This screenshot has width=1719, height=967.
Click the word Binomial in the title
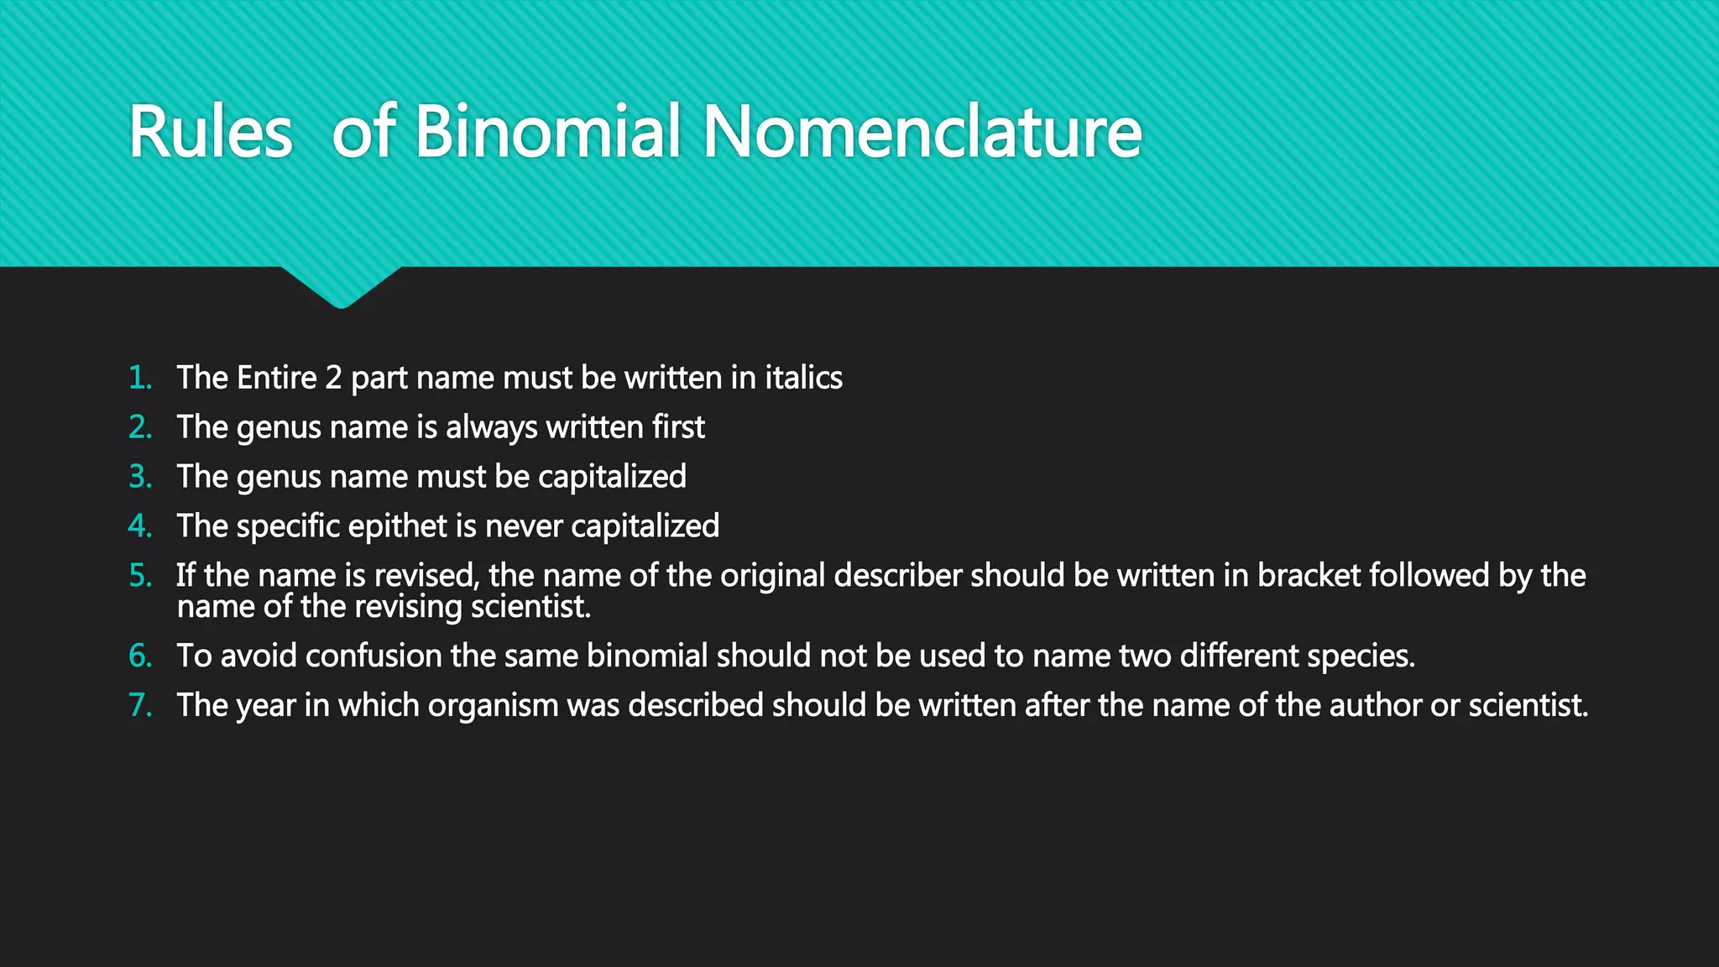[546, 132]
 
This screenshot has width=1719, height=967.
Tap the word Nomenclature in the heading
[922, 132]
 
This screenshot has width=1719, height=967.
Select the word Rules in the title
[210, 133]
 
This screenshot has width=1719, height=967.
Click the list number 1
[140, 378]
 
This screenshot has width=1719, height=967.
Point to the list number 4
[140, 526]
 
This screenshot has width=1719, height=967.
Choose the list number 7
[140, 705]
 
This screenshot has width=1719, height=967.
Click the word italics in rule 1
[803, 378]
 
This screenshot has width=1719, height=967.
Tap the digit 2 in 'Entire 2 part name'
[333, 378]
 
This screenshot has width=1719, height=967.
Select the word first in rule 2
[678, 427]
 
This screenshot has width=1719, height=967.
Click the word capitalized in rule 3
[612, 477]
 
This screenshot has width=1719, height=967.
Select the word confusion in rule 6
[374, 656]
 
